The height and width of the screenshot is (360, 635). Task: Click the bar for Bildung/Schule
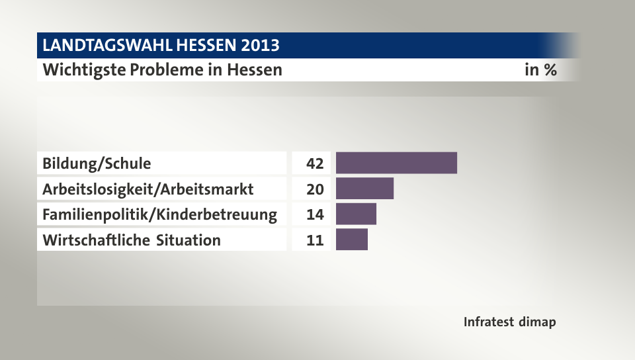(396, 163)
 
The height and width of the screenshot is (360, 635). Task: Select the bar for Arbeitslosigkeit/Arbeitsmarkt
(364, 189)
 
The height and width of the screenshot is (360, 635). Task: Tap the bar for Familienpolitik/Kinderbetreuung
(356, 214)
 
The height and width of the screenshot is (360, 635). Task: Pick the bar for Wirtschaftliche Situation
(351, 240)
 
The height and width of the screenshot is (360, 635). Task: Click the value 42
(315, 163)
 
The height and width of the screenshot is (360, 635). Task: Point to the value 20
(315, 189)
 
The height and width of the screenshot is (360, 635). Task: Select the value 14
(315, 214)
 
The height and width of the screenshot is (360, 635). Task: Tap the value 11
(315, 240)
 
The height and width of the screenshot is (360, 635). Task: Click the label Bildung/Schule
(97, 163)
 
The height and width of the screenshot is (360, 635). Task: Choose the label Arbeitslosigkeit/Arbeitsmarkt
(148, 189)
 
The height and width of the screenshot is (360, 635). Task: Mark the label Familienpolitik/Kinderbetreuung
(159, 214)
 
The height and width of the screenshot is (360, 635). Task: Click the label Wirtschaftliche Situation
(132, 240)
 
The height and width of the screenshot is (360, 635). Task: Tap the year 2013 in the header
(259, 46)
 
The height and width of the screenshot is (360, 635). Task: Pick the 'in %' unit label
(540, 69)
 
